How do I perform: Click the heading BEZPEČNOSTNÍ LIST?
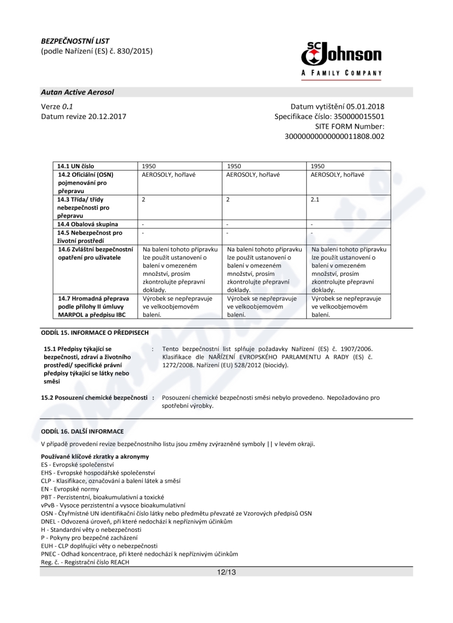tap(75, 41)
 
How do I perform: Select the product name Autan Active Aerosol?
tap(78, 92)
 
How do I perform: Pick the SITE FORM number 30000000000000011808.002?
tap(334, 136)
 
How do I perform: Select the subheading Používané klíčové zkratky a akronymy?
tap(87, 456)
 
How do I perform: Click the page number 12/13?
tap(226, 572)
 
